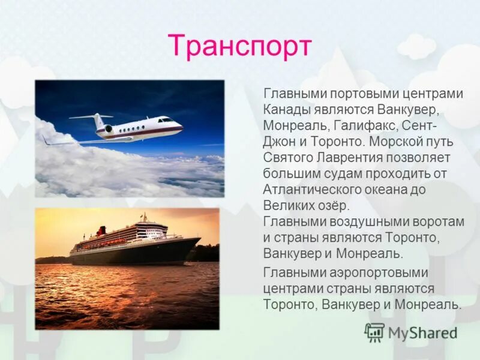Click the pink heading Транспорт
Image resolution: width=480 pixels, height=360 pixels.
tap(240, 46)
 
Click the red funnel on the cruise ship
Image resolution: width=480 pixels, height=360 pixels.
tap(101, 230)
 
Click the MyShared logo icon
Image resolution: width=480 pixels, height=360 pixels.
tap(374, 331)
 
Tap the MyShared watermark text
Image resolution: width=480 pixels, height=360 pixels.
tap(423, 332)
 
